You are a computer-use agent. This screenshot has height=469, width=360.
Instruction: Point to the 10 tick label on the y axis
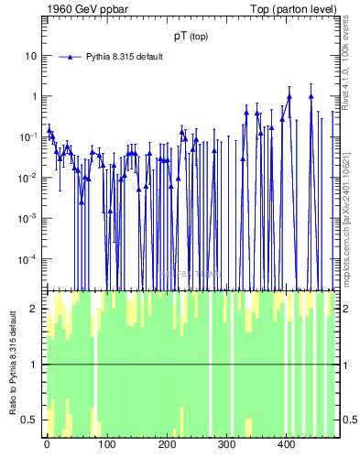point(30,55)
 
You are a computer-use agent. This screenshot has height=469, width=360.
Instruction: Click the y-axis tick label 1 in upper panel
point(34,96)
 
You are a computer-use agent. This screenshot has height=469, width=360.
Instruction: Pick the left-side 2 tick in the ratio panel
point(36,309)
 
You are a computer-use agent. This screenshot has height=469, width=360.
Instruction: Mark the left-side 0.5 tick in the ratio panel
point(32,420)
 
